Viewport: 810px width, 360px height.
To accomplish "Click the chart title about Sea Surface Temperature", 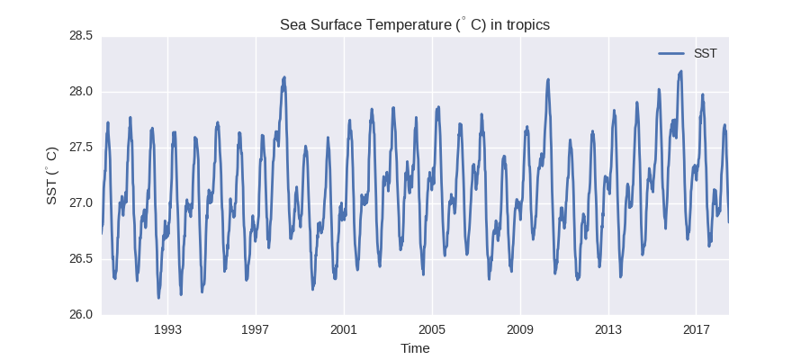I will click(415, 24).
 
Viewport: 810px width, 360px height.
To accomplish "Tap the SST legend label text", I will click(705, 53).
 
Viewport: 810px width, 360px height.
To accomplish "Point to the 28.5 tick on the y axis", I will click(80, 36).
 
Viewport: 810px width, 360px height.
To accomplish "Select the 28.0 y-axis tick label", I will click(80, 92).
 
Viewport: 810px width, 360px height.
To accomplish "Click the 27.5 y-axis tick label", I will click(80, 148).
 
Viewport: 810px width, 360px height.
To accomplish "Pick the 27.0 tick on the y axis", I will click(80, 203).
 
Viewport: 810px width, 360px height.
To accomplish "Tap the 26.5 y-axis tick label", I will click(80, 259).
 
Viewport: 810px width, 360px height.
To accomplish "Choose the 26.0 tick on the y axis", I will click(80, 315).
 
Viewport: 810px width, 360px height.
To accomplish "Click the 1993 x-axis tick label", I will click(167, 329).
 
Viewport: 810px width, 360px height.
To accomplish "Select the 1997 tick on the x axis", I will click(256, 329).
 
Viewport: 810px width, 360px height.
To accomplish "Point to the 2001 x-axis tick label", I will click(344, 329).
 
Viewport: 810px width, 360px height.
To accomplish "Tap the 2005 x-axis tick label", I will click(432, 329).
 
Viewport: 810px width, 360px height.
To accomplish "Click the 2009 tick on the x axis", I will click(520, 329).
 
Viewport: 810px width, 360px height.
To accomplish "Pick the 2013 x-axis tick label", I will click(608, 329).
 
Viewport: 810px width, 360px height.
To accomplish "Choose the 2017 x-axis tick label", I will click(697, 329).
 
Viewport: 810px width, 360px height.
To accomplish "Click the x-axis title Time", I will click(415, 348).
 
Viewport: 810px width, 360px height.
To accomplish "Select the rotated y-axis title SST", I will click(52, 175).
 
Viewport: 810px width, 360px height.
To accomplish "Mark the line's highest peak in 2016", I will click(681, 71).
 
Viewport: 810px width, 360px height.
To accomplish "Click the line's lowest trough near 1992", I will click(158, 298).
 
